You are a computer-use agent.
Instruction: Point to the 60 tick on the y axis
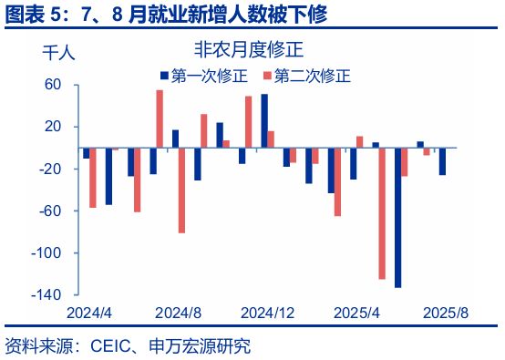[53, 85]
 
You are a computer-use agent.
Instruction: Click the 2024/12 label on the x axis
[268, 314]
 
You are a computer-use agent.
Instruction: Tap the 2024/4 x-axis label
[89, 314]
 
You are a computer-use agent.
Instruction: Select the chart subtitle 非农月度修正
[239, 50]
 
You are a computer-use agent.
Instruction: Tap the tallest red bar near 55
[160, 118]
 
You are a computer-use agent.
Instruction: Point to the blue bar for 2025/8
[442, 161]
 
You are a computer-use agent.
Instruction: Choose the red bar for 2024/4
[93, 178]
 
